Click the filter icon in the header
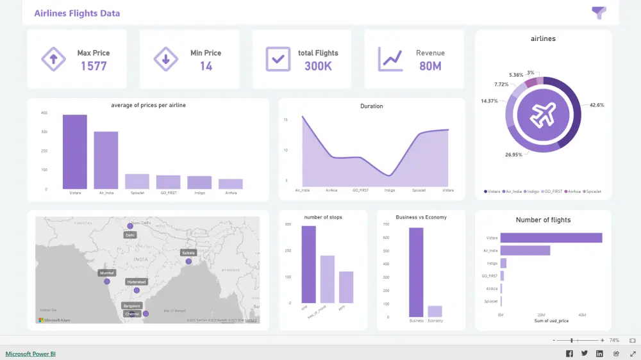[599, 13]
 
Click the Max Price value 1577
[94, 65]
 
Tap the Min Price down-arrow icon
[165, 60]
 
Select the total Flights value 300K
[318, 65]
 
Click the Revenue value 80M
[430, 65]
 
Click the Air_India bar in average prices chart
[106, 160]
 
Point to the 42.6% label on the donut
[596, 104]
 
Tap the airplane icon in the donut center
[543, 115]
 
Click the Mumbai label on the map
[107, 273]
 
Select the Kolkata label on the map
[188, 253]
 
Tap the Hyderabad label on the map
[137, 282]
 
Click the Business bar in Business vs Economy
[416, 272]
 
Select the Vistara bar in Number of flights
[551, 238]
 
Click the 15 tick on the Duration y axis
[286, 120]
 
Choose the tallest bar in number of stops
[309, 264]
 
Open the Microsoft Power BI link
[31, 354]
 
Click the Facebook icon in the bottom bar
[569, 354]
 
